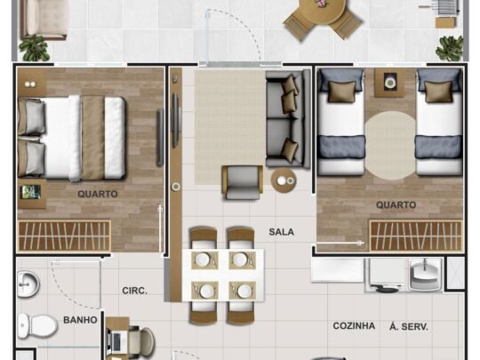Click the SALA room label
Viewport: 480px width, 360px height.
click(x=281, y=232)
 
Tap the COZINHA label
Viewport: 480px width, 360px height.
click(x=354, y=325)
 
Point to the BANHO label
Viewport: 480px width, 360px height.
click(x=80, y=320)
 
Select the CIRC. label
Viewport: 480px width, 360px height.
click(x=135, y=291)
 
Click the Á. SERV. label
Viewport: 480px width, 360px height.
click(x=409, y=326)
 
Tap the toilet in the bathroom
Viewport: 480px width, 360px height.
click(x=37, y=325)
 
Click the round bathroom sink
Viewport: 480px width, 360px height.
click(x=28, y=284)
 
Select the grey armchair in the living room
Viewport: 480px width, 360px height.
click(x=242, y=182)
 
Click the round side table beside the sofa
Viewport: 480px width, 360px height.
click(x=284, y=180)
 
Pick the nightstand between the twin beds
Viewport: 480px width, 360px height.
click(x=389, y=84)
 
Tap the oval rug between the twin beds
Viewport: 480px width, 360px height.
click(x=390, y=146)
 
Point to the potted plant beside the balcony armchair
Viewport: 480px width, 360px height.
click(x=34, y=48)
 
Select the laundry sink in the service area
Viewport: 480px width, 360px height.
click(x=425, y=275)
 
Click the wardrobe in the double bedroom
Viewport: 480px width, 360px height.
click(x=64, y=236)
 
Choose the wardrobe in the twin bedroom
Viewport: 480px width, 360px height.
click(x=416, y=236)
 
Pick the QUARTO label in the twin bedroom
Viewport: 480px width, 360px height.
click(x=396, y=204)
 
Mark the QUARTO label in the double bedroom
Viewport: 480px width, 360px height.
click(x=98, y=194)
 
